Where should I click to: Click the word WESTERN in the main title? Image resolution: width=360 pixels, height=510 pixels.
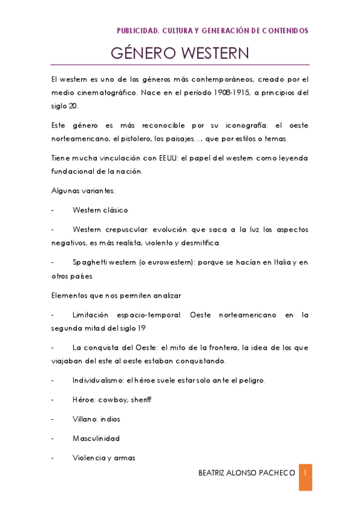212,54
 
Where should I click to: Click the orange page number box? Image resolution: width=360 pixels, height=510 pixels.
305,477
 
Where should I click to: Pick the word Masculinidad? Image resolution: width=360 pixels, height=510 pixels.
96,438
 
